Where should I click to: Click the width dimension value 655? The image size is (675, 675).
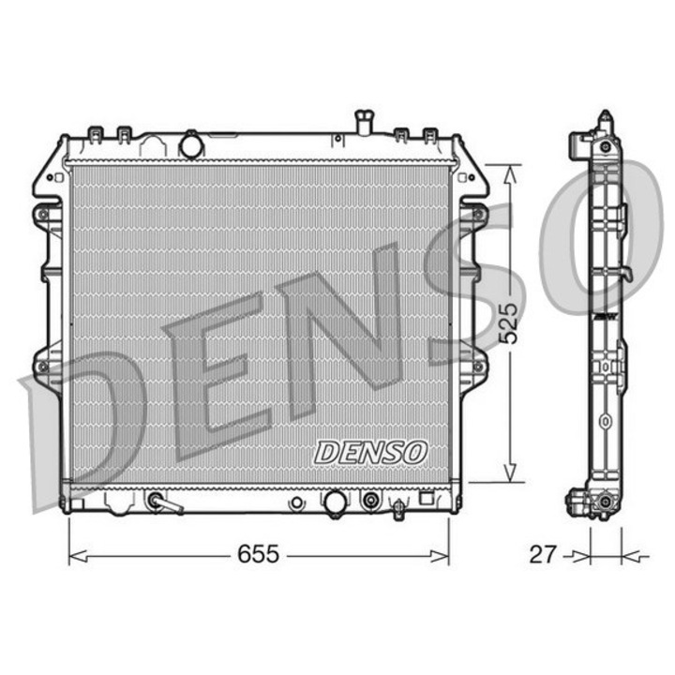[x=257, y=554]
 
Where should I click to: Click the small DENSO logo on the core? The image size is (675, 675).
[x=370, y=452]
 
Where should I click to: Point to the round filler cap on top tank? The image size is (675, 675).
[x=192, y=145]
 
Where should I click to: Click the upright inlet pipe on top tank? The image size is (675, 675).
[x=363, y=123]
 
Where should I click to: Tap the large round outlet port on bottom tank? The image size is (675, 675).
[x=334, y=502]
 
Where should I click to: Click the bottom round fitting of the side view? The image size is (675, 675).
[x=605, y=510]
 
